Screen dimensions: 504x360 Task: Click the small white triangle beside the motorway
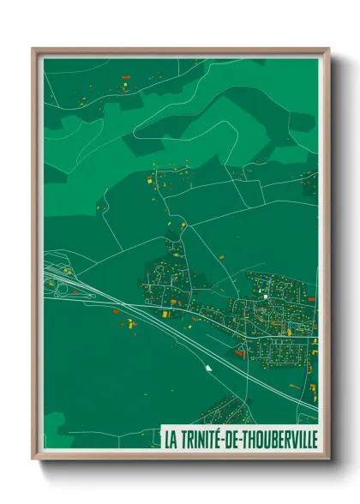(x=207, y=368)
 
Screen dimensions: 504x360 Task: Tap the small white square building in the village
(x=266, y=297)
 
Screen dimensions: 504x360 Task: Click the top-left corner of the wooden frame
(x=33, y=49)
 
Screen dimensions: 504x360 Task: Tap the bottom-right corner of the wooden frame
(x=328, y=459)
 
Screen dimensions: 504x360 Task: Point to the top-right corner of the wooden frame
(x=328, y=49)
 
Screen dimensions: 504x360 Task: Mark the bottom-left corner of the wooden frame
(x=33, y=459)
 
